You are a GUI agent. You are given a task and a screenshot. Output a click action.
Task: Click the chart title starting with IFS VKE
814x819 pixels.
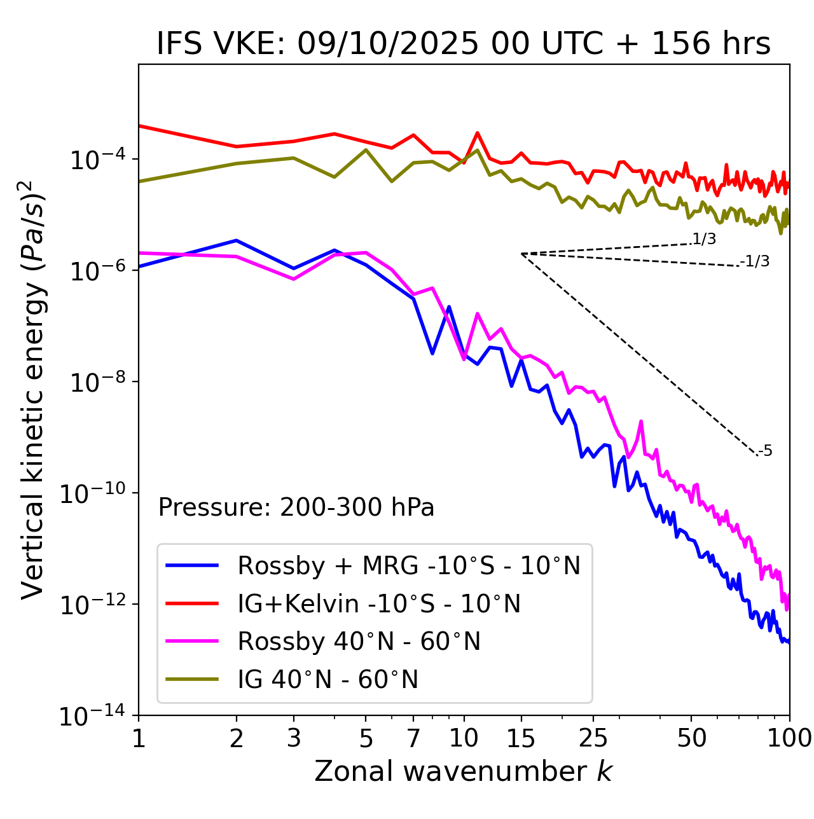tap(464, 45)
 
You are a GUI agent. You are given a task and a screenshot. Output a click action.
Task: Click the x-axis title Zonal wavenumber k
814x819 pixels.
tap(464, 771)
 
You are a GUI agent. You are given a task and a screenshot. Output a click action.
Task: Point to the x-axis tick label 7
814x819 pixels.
tap(413, 738)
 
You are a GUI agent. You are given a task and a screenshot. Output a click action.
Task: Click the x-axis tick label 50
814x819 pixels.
tap(691, 738)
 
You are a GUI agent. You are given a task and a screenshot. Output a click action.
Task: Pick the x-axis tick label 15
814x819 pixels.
tap(521, 738)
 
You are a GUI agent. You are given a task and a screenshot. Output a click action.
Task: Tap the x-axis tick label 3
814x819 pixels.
tap(293, 738)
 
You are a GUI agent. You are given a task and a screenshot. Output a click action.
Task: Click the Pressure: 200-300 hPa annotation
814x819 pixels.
tap(296, 507)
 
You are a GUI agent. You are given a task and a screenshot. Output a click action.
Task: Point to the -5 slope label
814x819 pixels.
tap(765, 451)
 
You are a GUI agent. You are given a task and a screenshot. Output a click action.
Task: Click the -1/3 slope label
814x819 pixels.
tap(755, 261)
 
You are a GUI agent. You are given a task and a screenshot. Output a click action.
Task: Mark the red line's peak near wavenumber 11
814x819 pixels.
tap(477, 133)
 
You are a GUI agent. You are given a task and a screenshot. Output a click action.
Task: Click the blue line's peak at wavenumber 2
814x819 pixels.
tap(237, 240)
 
